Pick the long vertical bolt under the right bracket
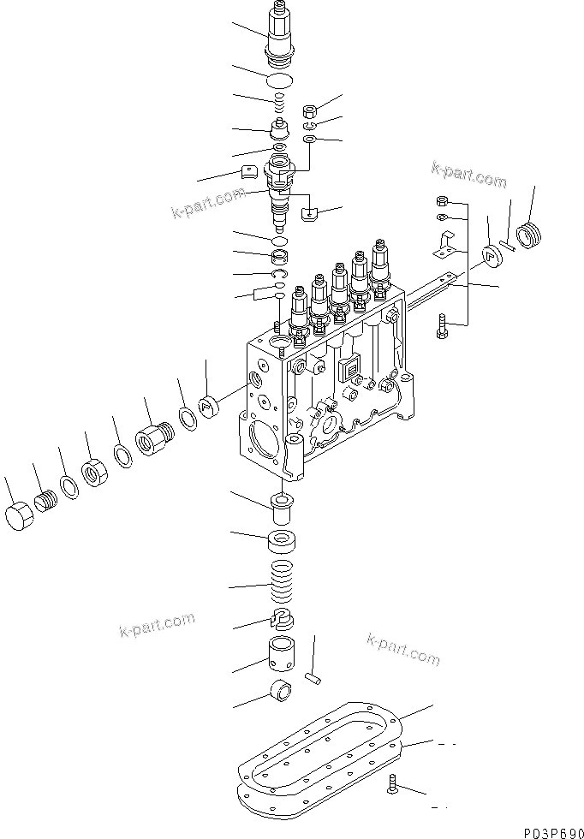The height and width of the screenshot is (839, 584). (442, 327)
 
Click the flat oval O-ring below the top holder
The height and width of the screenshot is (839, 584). (280, 81)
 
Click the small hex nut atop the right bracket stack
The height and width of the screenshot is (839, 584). (441, 201)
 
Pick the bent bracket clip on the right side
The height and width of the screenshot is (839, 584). (444, 246)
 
